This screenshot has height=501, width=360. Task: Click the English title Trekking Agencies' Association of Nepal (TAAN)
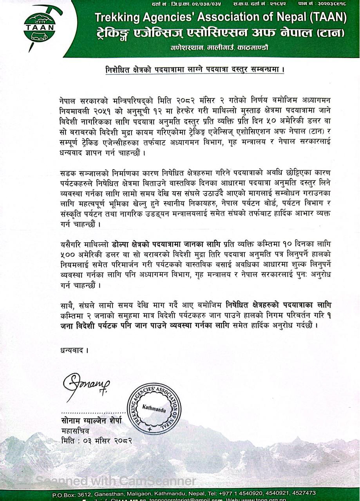pyautogui.click(x=221, y=17)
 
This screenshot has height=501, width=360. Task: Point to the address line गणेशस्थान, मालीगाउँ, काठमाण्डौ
pyautogui.click(x=219, y=48)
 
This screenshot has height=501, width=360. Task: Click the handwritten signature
pyautogui.click(x=87, y=385)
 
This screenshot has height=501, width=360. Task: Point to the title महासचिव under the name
pyautogui.click(x=75, y=431)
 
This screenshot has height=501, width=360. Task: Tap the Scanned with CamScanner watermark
pyautogui.click(x=116, y=481)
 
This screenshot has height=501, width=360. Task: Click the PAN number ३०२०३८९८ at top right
pyautogui.click(x=333, y=4)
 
